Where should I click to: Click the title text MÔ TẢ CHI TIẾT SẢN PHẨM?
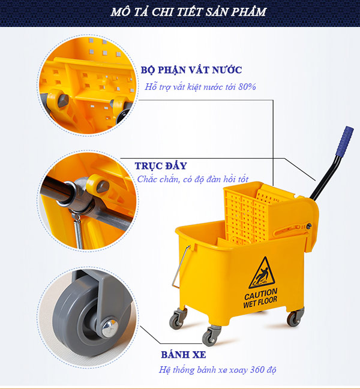pyautogui.click(x=180, y=12)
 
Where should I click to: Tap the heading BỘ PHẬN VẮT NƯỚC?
pyautogui.click(x=191, y=70)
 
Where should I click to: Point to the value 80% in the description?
pyautogui.click(x=247, y=87)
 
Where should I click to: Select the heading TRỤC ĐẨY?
pyautogui.click(x=160, y=165)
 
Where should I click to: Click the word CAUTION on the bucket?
pyautogui.click(x=260, y=296)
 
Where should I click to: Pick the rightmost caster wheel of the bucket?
pyautogui.click(x=293, y=319)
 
